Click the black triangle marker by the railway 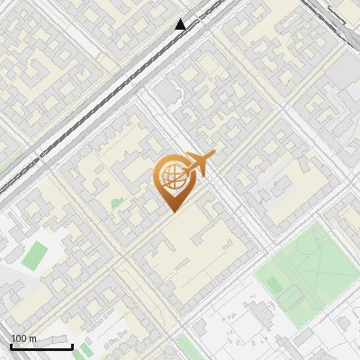click(181, 24)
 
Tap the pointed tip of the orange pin click(171, 209)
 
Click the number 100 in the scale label click(19, 338)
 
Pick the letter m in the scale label click(32, 338)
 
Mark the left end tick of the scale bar click(11, 346)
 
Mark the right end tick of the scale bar click(72, 346)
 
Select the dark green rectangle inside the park click(274, 283)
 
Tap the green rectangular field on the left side click(35, 255)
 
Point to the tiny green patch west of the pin click(116, 202)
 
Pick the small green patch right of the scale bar click(85, 349)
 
